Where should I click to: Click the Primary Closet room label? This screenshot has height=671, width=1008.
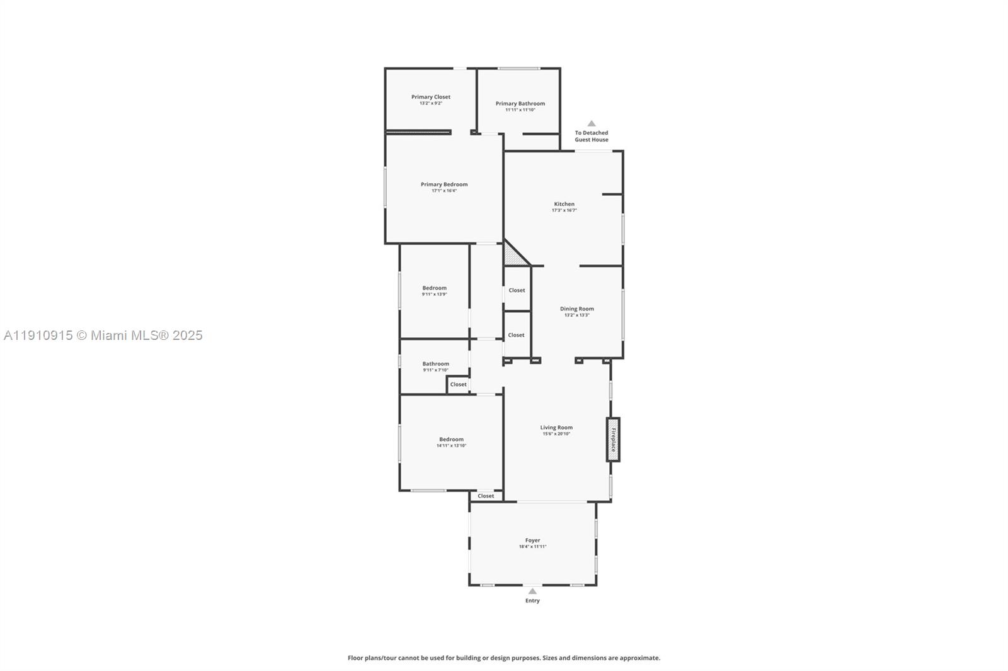(431, 97)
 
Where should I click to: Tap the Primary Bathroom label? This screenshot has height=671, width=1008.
(520, 103)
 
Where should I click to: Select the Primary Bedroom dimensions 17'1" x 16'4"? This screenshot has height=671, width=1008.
(444, 191)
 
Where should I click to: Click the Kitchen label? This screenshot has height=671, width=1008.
(564, 204)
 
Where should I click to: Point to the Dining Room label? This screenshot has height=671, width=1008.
(576, 308)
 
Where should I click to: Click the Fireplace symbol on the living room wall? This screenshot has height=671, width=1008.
(613, 439)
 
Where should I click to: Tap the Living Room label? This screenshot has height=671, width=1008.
(556, 427)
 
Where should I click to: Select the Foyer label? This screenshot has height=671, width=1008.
(532, 540)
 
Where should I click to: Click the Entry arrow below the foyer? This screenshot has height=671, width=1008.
(532, 591)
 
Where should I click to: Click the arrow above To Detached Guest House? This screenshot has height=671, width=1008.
(591, 124)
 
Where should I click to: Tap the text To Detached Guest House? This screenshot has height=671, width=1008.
(591, 136)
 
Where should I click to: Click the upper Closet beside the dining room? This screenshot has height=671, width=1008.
(517, 290)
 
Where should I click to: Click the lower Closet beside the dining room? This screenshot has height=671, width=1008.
(516, 335)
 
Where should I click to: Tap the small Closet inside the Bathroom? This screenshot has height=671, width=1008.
(458, 384)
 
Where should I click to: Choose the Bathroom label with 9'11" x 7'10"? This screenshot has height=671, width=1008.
(435, 364)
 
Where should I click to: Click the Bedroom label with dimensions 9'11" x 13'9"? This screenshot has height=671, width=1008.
(434, 288)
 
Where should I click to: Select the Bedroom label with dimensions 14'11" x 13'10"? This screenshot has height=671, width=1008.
(451, 439)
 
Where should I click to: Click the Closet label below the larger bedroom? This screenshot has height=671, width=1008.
(486, 496)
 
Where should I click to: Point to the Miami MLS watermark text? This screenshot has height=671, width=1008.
(103, 335)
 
